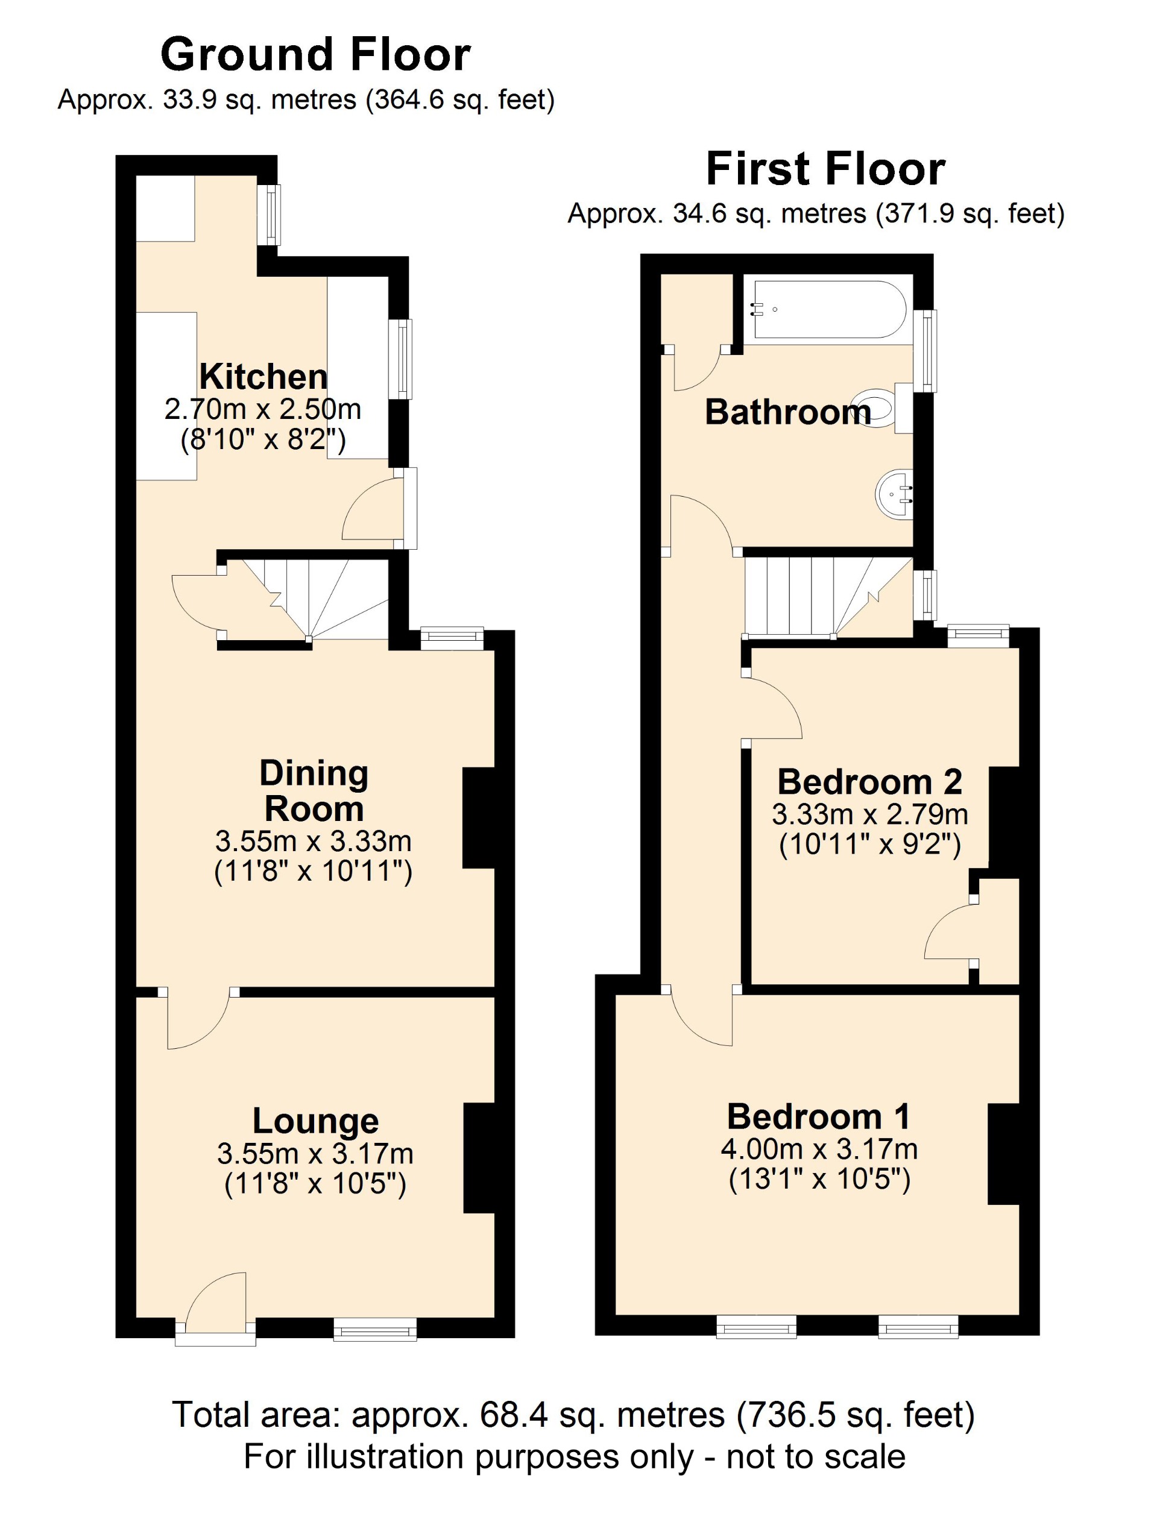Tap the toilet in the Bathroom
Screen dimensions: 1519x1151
pos(875,408)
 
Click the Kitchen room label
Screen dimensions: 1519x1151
pos(263,377)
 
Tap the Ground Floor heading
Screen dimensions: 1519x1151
pos(315,55)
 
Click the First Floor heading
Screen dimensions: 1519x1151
pos(825,169)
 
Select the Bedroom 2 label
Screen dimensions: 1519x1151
pos(869,781)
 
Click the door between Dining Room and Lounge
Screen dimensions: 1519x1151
pos(199,1021)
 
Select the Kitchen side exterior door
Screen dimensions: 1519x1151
pos(374,509)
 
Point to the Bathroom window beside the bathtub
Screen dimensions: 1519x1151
pos(929,350)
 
